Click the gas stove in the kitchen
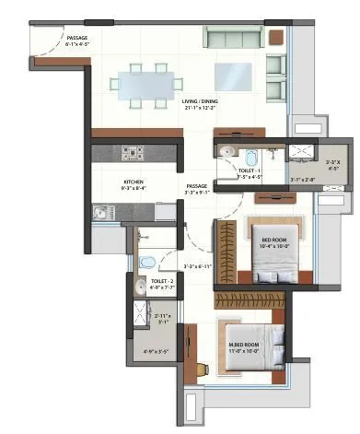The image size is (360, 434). click(x=130, y=153)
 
